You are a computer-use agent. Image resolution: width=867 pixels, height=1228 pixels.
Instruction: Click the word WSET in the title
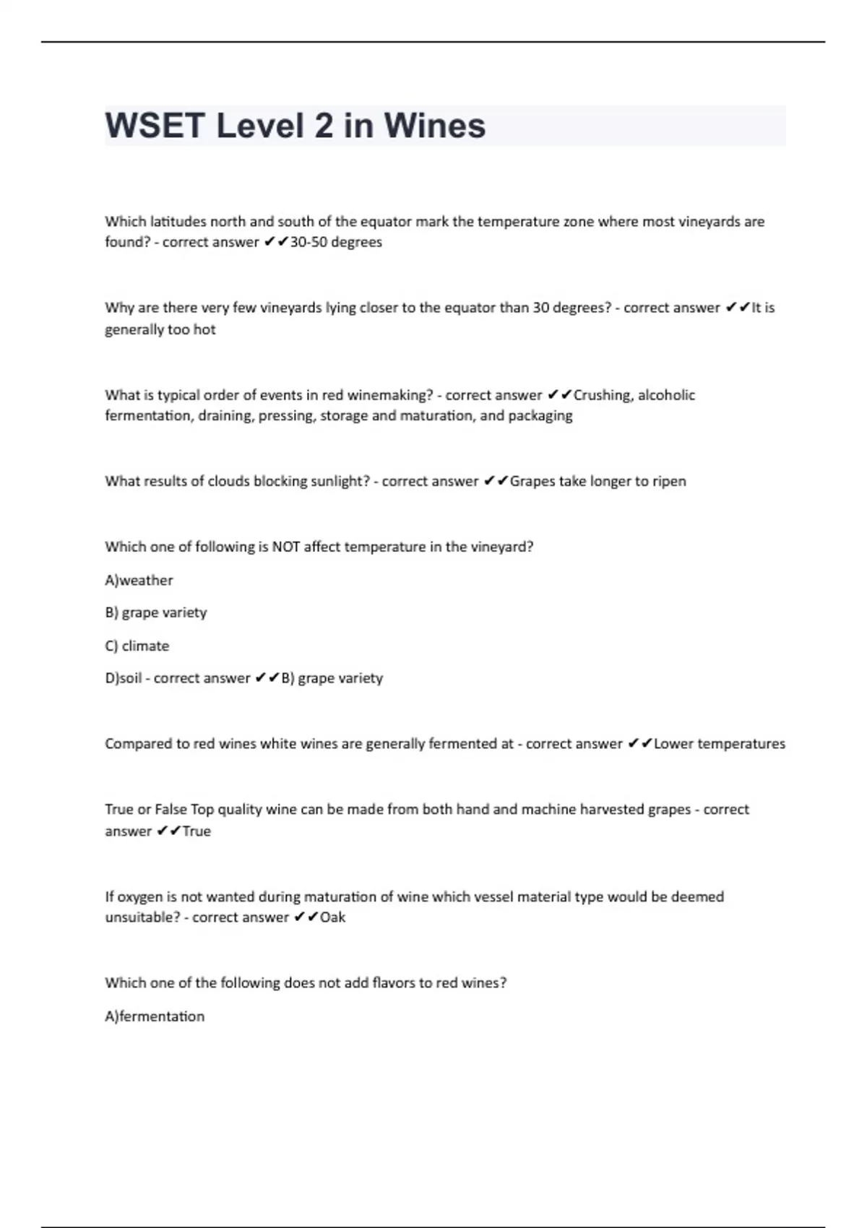click(x=155, y=126)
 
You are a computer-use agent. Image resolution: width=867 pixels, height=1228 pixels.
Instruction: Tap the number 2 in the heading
click(x=323, y=126)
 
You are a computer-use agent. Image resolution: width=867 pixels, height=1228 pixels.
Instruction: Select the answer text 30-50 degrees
click(x=336, y=242)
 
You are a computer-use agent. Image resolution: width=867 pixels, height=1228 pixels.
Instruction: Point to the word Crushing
click(x=602, y=394)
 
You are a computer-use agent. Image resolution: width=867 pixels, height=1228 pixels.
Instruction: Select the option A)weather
click(x=139, y=580)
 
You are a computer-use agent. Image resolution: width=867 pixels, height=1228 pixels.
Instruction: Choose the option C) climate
click(x=137, y=646)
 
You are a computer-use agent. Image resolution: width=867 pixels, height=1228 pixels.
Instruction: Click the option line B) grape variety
click(x=155, y=613)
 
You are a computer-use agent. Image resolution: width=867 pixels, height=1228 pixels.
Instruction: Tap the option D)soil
click(x=123, y=678)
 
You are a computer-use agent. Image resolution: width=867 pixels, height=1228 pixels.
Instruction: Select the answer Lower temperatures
click(x=719, y=743)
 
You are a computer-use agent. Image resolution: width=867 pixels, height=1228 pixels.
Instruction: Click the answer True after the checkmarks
click(x=197, y=831)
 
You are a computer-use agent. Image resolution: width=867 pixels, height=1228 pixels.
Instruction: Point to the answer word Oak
click(x=332, y=917)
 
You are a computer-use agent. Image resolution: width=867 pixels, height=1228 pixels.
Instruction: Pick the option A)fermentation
click(x=155, y=1016)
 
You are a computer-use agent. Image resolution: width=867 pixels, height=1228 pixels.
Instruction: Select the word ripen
click(x=670, y=481)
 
